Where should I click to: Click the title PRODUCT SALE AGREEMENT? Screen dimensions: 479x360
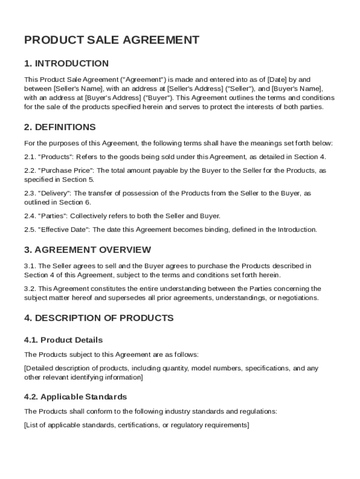(111, 40)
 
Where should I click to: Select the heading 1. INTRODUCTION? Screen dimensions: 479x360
(66, 64)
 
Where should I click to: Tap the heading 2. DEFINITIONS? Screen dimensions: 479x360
(60, 127)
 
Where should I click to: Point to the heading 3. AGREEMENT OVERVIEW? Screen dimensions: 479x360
(87, 250)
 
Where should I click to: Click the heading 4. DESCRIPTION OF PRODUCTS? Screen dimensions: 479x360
(99, 318)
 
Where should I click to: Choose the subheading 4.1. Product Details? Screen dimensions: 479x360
(63, 340)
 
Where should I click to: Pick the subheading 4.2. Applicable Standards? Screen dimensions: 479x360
(75, 397)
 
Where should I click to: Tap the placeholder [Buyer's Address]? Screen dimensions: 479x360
(113, 98)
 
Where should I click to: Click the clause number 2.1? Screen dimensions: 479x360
(30, 157)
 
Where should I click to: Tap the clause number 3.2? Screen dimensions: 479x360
(30, 289)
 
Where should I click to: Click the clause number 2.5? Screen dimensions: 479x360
(30, 230)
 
